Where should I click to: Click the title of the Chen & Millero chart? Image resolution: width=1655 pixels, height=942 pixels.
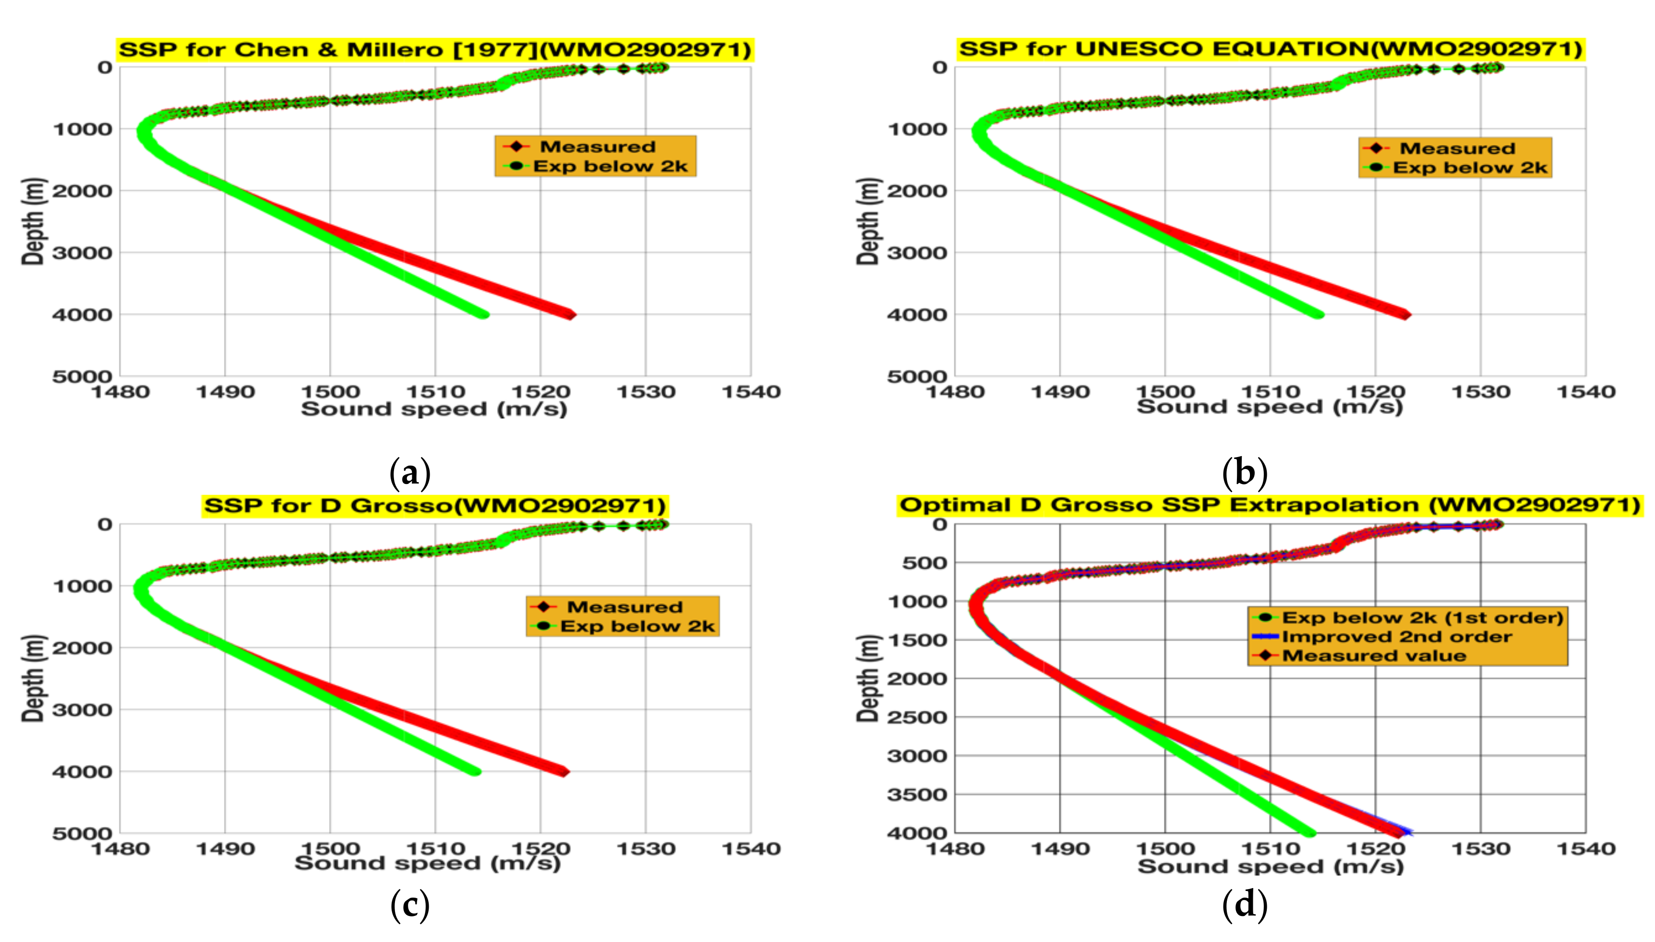point(435,50)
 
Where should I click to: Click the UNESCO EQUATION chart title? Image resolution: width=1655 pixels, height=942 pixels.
point(1270,49)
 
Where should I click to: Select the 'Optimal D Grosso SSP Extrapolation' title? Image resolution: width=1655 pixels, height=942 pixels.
point(1270,505)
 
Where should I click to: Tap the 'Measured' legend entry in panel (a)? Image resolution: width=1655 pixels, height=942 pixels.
point(596,147)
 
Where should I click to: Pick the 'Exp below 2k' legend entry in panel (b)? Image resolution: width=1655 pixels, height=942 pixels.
point(1469,168)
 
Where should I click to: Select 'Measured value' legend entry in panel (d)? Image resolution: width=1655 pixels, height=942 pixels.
point(1374,655)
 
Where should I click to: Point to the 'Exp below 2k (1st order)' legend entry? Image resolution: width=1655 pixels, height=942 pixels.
point(1421,618)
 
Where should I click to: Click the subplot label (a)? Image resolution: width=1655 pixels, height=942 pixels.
point(410,473)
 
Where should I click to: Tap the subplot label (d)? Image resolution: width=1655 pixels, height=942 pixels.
point(1244,904)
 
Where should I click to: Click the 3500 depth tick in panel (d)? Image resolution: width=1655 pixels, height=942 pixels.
point(917,795)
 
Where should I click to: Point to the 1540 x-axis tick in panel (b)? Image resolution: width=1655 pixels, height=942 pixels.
point(1585,392)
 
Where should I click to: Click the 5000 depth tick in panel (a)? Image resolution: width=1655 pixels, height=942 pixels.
point(82,377)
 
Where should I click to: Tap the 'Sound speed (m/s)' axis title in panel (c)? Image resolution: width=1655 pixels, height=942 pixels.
point(428,863)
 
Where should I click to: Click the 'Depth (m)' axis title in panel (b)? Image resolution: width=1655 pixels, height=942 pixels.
point(867,221)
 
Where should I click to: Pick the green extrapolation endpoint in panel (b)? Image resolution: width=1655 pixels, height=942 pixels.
point(1319,315)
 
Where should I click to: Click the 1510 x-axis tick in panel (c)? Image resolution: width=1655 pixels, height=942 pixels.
point(435,848)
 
